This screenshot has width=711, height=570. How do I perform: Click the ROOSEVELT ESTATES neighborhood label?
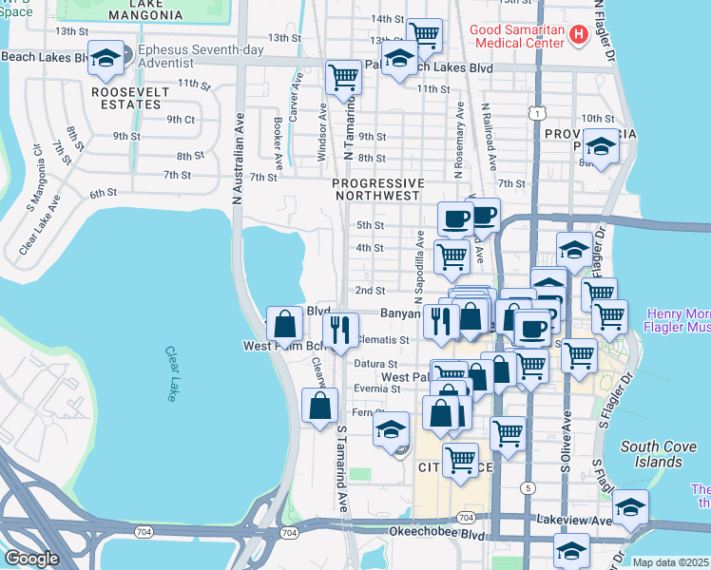pyautogui.click(x=130, y=98)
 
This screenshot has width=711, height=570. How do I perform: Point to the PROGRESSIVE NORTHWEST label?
pyautogui.click(x=377, y=189)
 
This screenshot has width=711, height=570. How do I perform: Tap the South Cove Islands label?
pyautogui.click(x=651, y=454)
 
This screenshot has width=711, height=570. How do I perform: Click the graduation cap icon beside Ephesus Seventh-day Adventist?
pyautogui.click(x=106, y=58)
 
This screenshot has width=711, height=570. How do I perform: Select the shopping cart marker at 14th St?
pyautogui.click(x=425, y=35)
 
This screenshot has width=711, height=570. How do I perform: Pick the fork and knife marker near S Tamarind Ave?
pyautogui.click(x=339, y=329)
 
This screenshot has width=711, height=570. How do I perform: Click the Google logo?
pyautogui.click(x=31, y=559)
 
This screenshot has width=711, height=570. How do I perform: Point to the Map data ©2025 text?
pyautogui.click(x=671, y=562)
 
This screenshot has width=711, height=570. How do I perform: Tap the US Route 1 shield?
pyautogui.click(x=539, y=113)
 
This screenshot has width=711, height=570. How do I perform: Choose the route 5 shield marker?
pyautogui.click(x=527, y=487)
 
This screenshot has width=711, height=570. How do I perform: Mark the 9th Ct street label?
pyautogui.click(x=181, y=120)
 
